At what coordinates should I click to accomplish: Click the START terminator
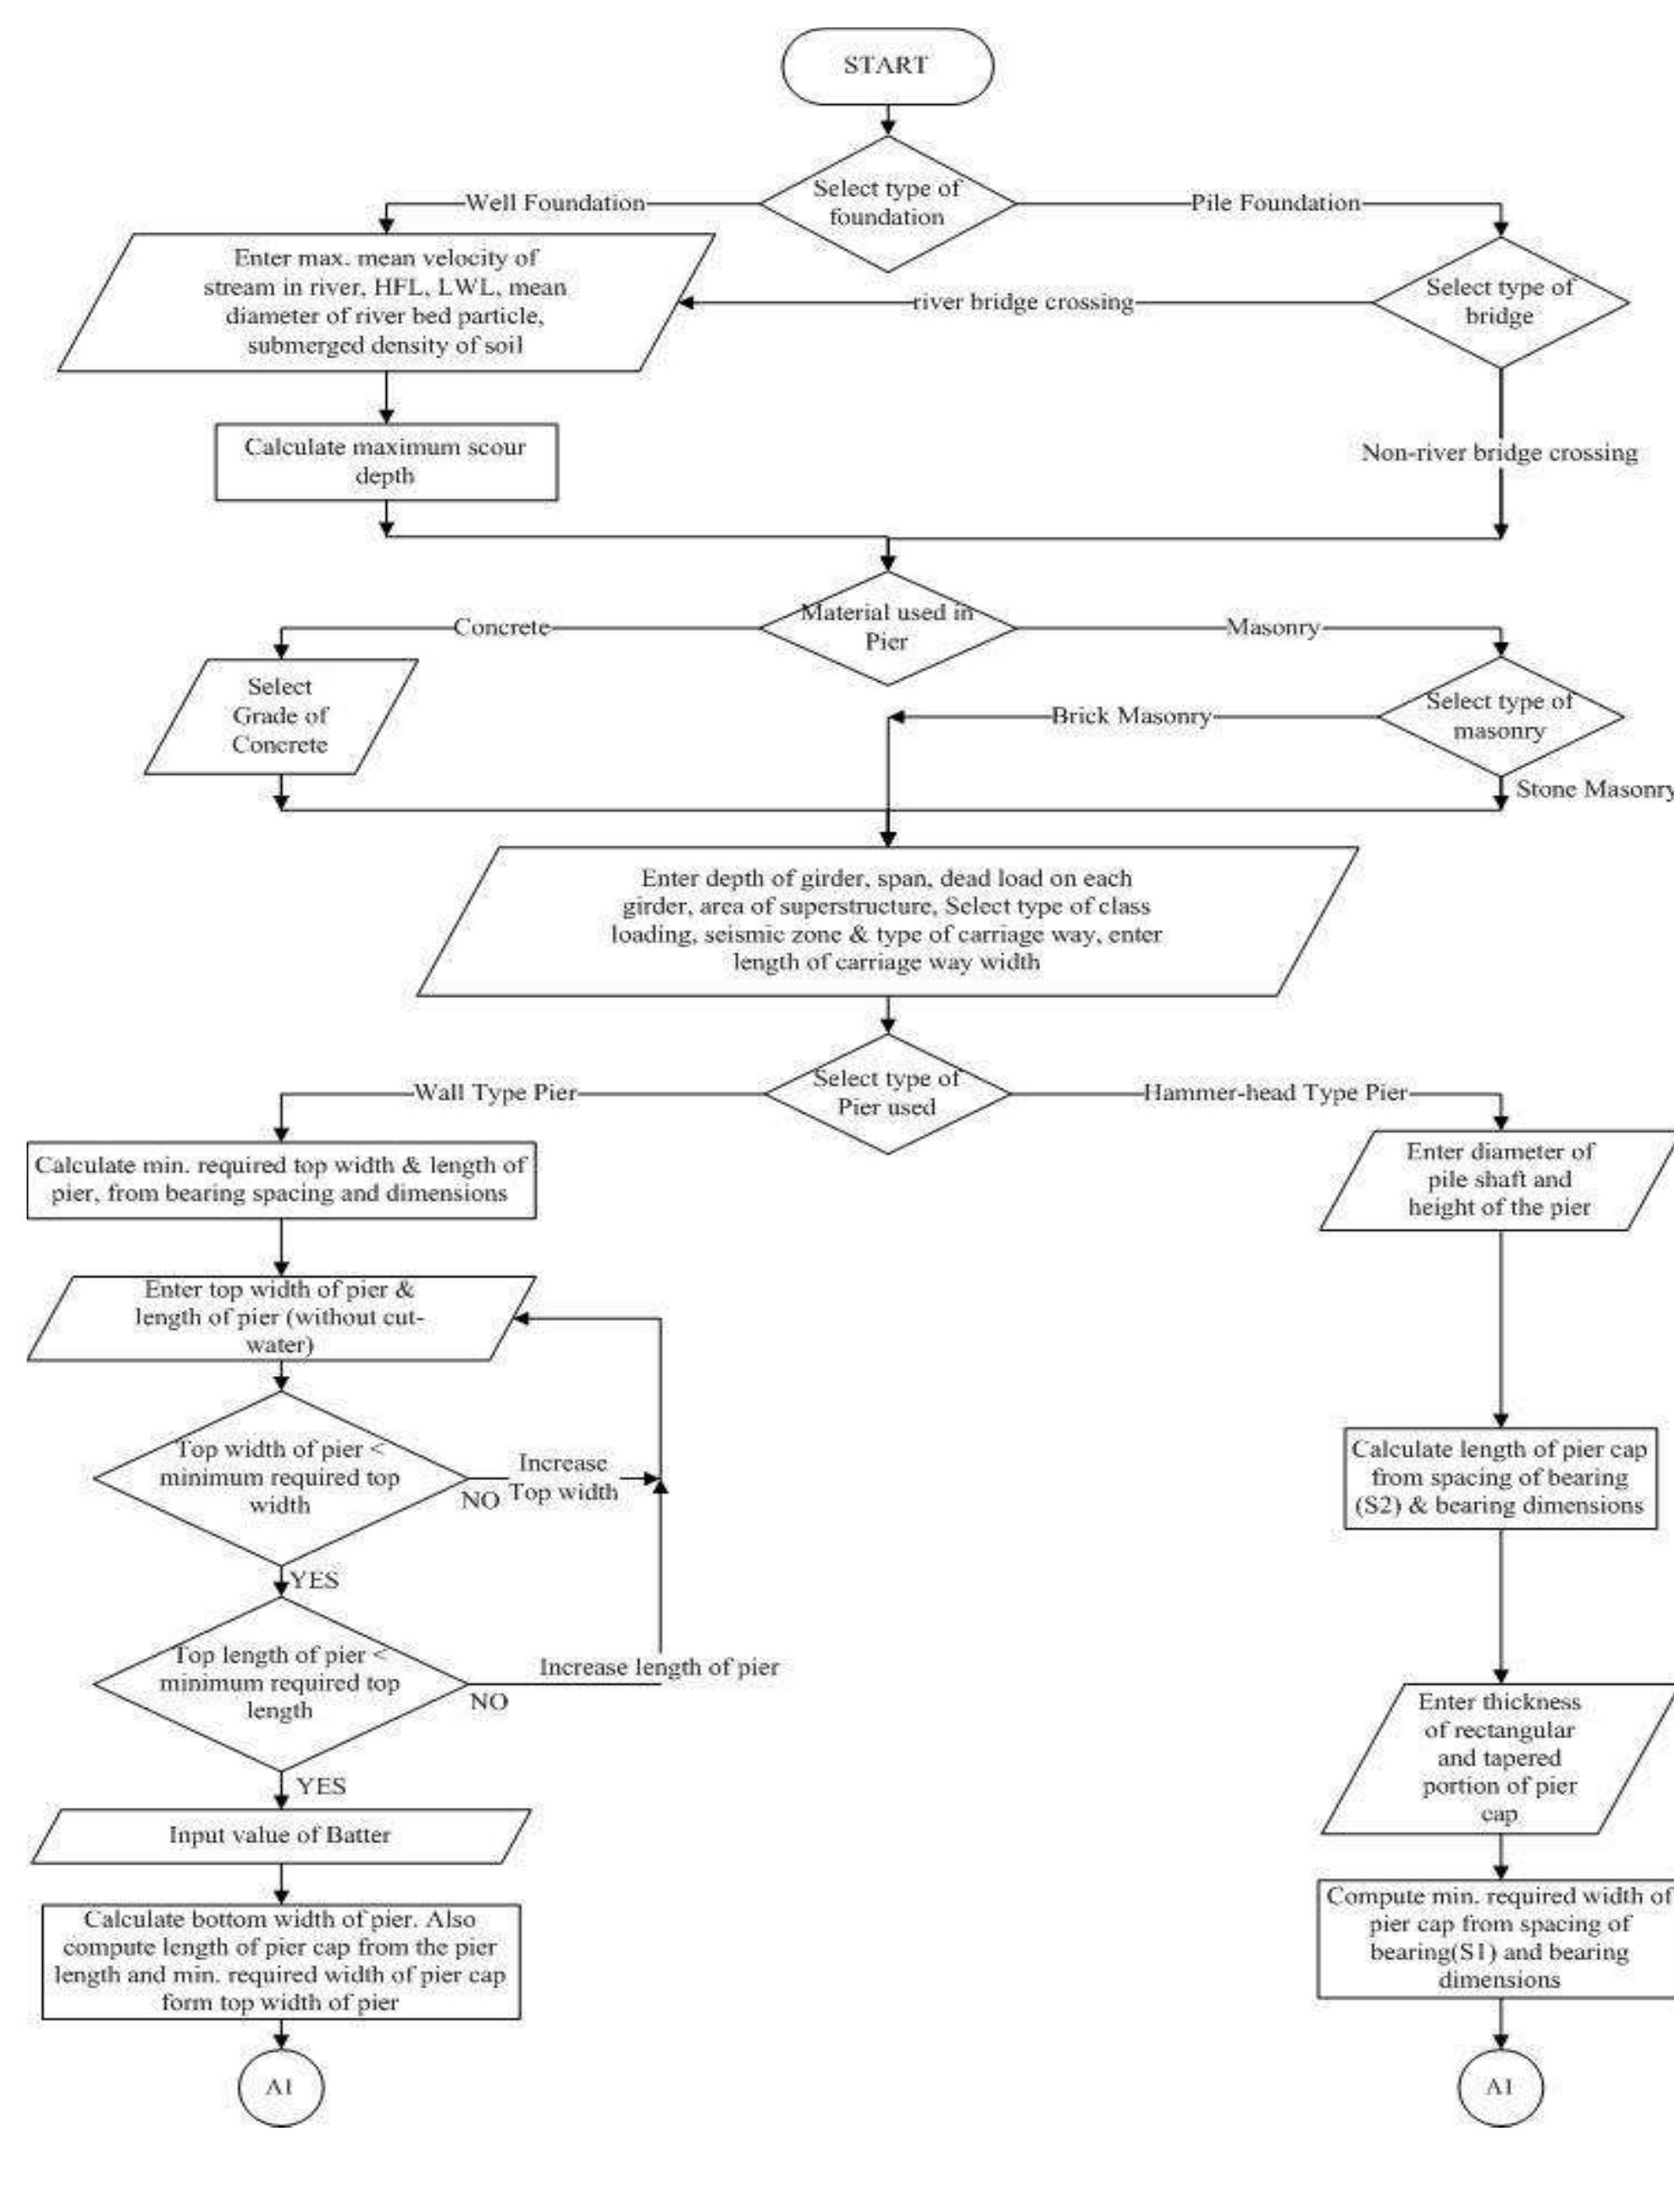click(886, 65)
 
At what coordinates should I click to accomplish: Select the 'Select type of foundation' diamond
click(886, 203)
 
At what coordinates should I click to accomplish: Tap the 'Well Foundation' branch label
click(555, 203)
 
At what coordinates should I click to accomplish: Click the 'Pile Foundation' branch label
click(1275, 203)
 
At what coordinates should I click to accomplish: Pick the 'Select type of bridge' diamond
click(1499, 302)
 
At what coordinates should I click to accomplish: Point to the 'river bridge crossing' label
click(1023, 302)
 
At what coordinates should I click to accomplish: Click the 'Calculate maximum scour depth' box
click(386, 462)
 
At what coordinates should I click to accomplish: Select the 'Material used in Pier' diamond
click(886, 628)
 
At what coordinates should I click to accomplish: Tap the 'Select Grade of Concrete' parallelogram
click(280, 716)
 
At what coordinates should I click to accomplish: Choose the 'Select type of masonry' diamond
click(1499, 716)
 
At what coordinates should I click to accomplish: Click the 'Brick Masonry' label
click(1131, 716)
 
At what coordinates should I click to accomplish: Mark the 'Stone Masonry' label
click(1592, 789)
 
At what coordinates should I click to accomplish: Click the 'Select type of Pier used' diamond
click(886, 1094)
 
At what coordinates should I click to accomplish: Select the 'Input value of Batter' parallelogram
click(280, 1835)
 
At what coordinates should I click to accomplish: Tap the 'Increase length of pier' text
click(659, 1668)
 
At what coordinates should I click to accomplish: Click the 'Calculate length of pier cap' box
click(1499, 1477)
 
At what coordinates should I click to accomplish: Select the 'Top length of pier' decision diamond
click(280, 1684)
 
